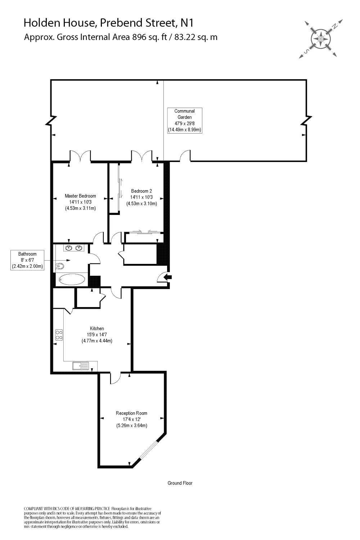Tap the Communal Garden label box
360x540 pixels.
click(185, 121)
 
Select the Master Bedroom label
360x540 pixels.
click(80, 202)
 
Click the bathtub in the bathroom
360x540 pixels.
click(72, 279)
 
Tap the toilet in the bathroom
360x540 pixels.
click(60, 266)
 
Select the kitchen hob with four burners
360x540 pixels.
click(59, 335)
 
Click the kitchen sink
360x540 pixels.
click(81, 366)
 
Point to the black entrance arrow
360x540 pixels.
click(168, 277)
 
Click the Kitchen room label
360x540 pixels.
click(97, 328)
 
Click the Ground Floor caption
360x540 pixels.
click(180, 483)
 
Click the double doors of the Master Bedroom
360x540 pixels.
click(80, 156)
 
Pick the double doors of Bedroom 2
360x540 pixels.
click(141, 156)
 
